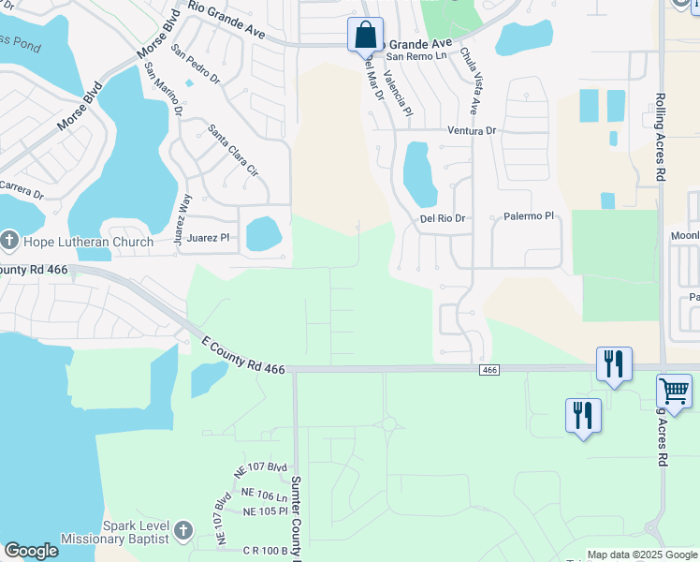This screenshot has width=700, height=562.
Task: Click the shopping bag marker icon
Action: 365,36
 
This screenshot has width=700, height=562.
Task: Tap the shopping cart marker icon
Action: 674,391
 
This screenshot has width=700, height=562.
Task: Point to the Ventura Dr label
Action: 471,131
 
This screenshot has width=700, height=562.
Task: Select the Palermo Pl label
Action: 530,216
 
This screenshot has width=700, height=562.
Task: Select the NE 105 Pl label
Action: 265,511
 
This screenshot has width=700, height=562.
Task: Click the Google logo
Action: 31,551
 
